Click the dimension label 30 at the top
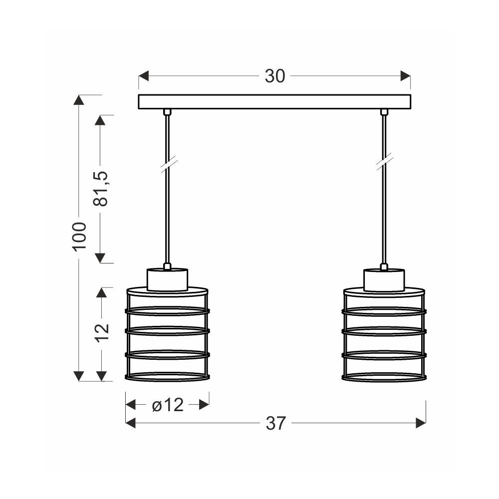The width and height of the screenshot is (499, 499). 275,76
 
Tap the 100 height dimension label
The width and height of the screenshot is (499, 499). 79,237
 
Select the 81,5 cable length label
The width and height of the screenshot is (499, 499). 101,189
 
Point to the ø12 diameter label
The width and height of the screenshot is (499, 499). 168,405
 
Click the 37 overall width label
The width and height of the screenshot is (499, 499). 276,423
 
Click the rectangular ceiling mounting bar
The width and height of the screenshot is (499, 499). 274,102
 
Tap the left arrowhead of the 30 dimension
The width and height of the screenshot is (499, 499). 144,76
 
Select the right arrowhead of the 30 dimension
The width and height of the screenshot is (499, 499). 405,76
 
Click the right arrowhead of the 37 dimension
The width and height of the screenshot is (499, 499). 421,423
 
